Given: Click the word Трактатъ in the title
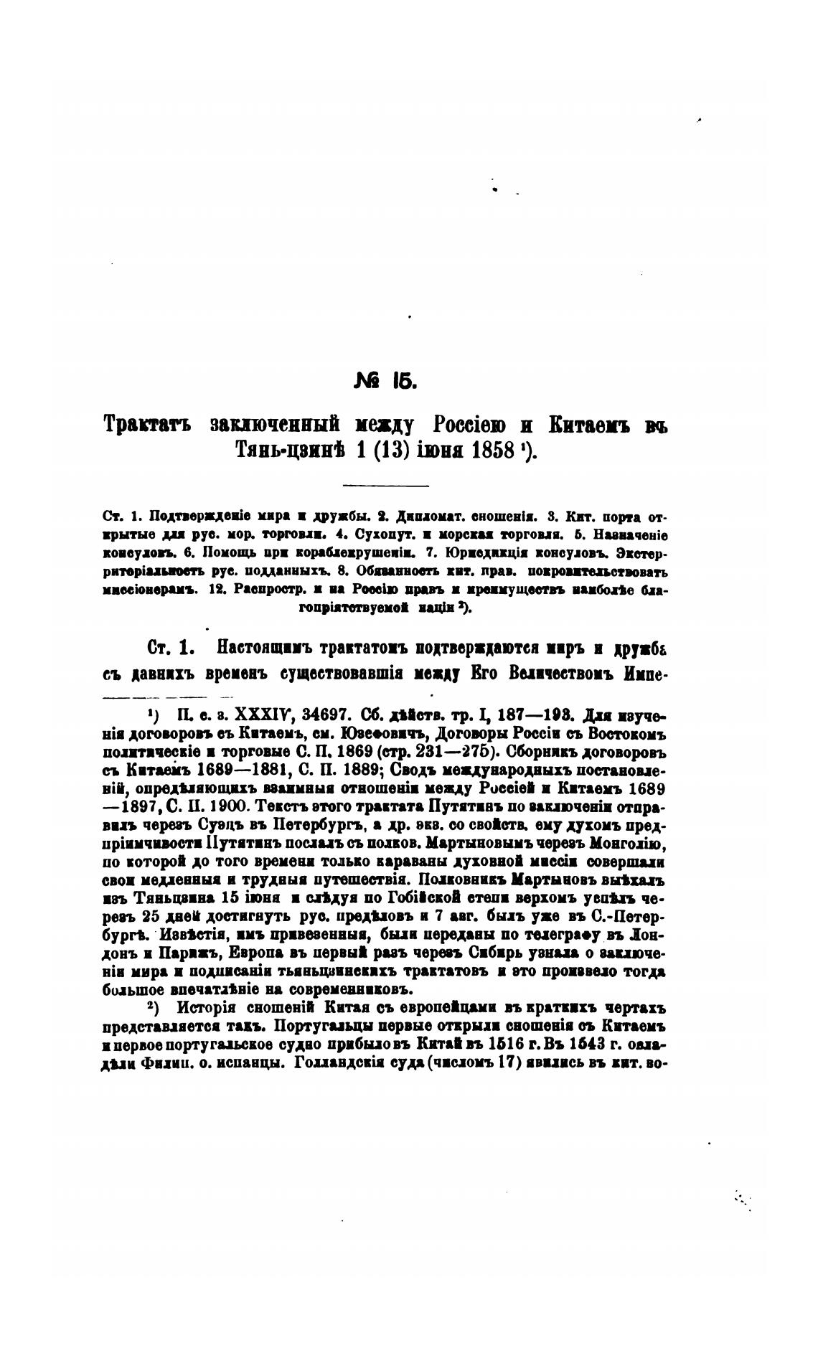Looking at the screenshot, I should click(x=148, y=425).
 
